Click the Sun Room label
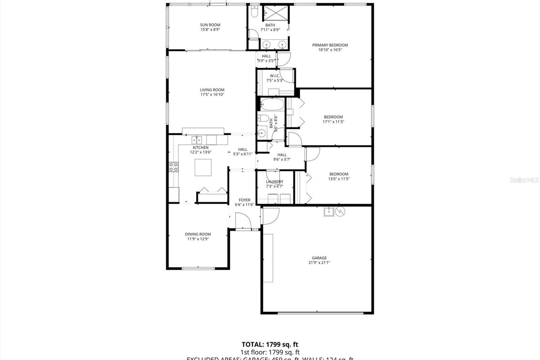(210, 25)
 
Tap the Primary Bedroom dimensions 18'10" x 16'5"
(330, 50)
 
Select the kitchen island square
(203, 167)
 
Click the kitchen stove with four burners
(173, 166)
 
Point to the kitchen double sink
(197, 139)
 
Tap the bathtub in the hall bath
(272, 104)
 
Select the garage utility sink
(329, 212)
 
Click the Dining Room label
(198, 234)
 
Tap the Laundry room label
(274, 182)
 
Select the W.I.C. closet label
(274, 76)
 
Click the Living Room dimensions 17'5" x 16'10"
(212, 95)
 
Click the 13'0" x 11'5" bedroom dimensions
(339, 179)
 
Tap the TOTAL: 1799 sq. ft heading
(270, 344)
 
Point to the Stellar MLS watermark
(524, 180)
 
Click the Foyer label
(244, 200)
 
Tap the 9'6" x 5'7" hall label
(282, 159)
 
